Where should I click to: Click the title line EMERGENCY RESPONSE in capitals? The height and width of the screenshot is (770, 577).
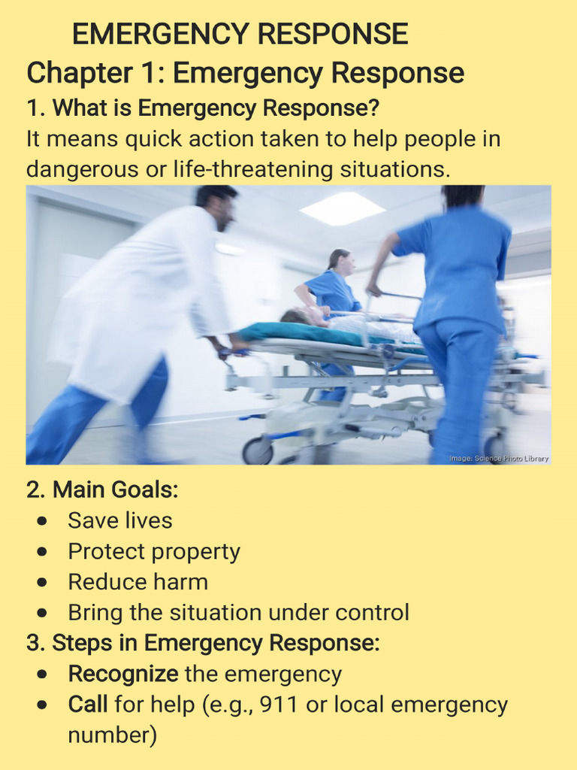tap(240, 35)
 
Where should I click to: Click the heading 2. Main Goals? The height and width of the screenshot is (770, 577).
tap(102, 490)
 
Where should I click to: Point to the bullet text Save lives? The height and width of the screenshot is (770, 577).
tap(120, 520)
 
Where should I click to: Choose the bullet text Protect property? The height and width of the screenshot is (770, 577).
tap(154, 551)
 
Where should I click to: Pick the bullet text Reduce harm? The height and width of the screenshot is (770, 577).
tap(137, 582)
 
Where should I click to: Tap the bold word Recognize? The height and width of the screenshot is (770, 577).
tap(123, 674)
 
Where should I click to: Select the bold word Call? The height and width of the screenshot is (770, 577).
tap(88, 705)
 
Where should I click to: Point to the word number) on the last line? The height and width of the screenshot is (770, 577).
tap(113, 735)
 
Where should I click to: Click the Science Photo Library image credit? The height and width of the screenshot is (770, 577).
tap(499, 458)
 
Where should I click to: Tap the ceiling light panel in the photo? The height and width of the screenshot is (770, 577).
tap(342, 208)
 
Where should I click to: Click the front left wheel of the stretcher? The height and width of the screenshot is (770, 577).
tap(258, 451)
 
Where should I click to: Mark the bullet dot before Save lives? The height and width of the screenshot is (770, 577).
tap(44, 521)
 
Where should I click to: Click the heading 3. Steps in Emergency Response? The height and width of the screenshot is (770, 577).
tap(203, 644)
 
